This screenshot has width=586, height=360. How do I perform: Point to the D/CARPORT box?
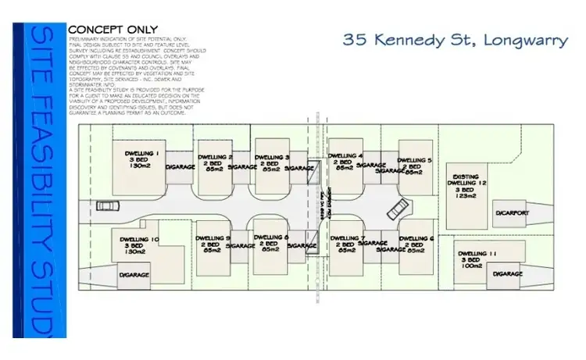coord(511,212)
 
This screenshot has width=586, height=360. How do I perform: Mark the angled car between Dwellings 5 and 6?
coord(398,208)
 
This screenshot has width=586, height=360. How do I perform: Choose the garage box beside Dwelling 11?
coord(509,274)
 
